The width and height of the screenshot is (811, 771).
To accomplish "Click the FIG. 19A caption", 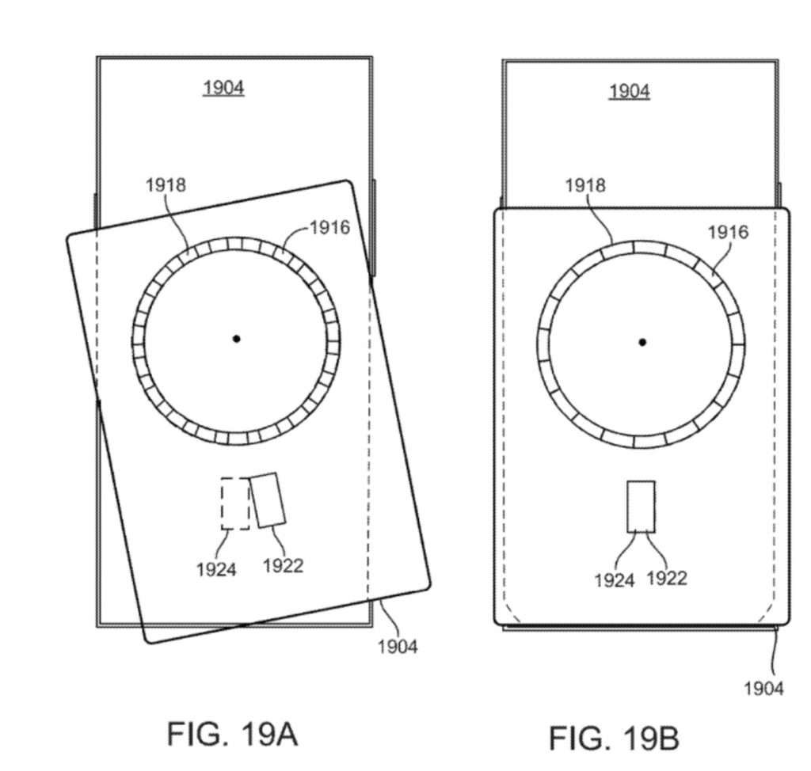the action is [x=232, y=734].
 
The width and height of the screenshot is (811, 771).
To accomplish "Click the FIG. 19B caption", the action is [x=614, y=738].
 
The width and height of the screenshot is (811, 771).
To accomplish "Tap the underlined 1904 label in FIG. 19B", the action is [x=630, y=91].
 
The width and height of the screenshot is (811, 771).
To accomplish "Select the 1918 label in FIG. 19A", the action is [x=166, y=184].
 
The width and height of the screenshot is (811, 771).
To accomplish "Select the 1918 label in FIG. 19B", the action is [x=585, y=185].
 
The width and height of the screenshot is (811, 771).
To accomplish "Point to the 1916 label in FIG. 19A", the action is [x=330, y=227].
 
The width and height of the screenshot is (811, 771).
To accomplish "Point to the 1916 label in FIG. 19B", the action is [x=728, y=232].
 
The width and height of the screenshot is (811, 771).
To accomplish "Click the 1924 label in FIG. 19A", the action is [x=216, y=570].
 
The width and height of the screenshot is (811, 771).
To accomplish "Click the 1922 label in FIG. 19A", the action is [x=283, y=566].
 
